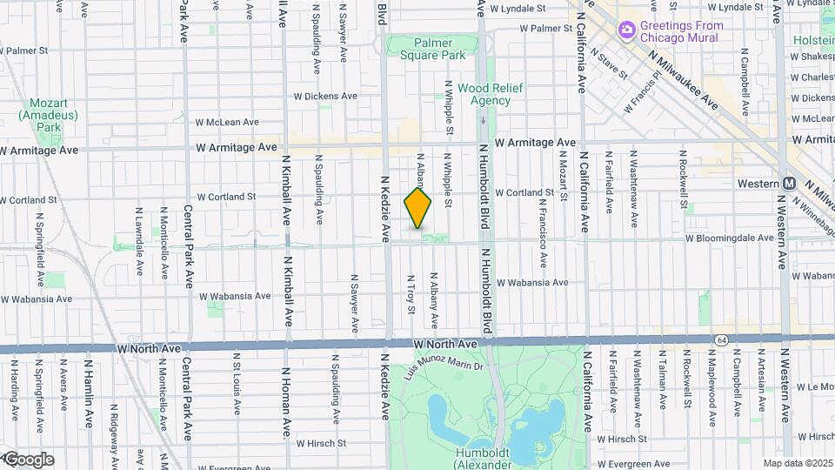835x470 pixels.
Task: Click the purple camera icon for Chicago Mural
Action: [626, 30]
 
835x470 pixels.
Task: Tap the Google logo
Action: [28, 460]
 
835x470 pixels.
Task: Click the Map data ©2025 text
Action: [796, 463]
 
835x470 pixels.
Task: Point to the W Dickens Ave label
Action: [325, 97]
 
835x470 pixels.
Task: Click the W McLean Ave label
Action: [227, 123]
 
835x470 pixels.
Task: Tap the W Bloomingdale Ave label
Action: [729, 237]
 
